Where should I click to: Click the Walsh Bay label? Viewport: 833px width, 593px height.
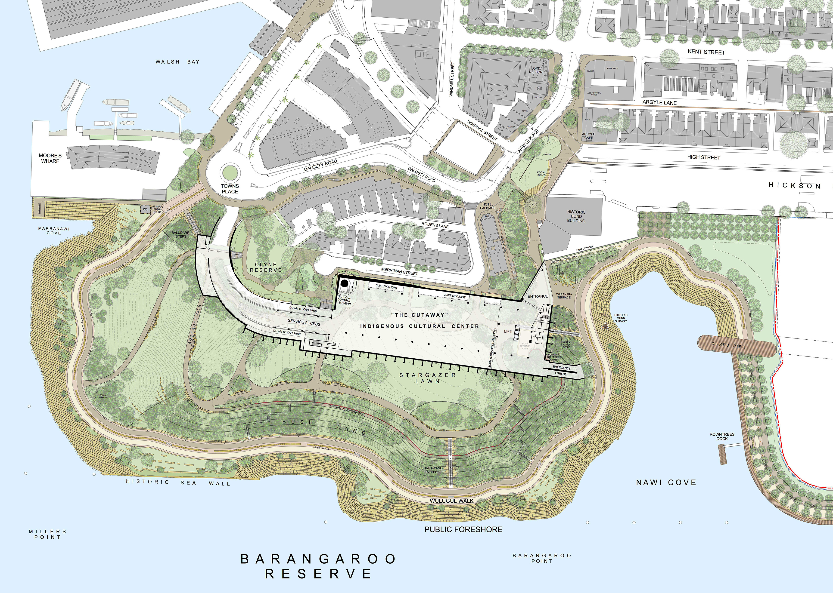pos(177,62)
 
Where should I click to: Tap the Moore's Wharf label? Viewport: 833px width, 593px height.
pos(50,158)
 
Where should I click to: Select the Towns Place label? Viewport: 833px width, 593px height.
pos(230,189)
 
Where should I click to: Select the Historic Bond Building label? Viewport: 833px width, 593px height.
pos(576,216)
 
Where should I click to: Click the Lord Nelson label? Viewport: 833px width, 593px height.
pos(536,70)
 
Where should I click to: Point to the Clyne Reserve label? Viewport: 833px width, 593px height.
pos(266,267)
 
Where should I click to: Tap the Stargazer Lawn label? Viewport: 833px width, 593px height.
pos(427,378)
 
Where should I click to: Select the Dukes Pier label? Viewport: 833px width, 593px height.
pos(728,345)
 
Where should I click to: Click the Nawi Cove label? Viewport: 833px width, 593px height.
pos(666,482)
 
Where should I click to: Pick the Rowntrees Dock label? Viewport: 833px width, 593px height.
pos(722,436)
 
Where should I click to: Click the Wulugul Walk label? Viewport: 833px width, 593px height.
pos(452,501)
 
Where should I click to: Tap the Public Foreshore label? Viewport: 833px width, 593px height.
pos(463,529)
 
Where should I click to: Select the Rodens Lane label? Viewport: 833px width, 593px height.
pos(435,225)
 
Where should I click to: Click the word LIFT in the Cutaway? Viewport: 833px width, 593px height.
pos(508,331)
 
